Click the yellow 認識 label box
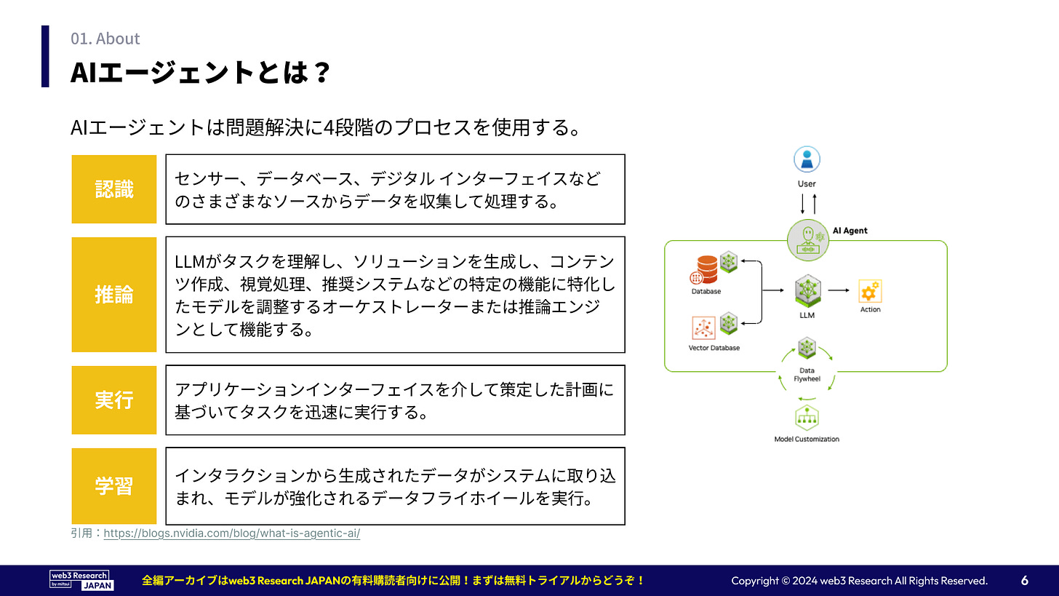pos(114,189)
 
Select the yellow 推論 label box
pos(114,295)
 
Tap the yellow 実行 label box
pos(114,400)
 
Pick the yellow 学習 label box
pos(114,486)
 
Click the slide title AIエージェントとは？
pos(200,72)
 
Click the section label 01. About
pos(105,39)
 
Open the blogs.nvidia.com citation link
pos(231,533)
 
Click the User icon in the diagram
pos(807,159)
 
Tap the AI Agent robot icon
pos(808,240)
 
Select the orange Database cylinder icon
pos(706,269)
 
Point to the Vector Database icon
pos(703,327)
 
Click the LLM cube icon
pos(807,290)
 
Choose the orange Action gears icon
pos(870,291)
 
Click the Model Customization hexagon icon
pos(807,418)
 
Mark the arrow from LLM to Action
pos(839,290)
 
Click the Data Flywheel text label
pos(807,375)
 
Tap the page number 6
pos(1025,581)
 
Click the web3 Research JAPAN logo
pos(81,581)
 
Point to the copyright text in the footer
pos(860,581)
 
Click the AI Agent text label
pos(850,231)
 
